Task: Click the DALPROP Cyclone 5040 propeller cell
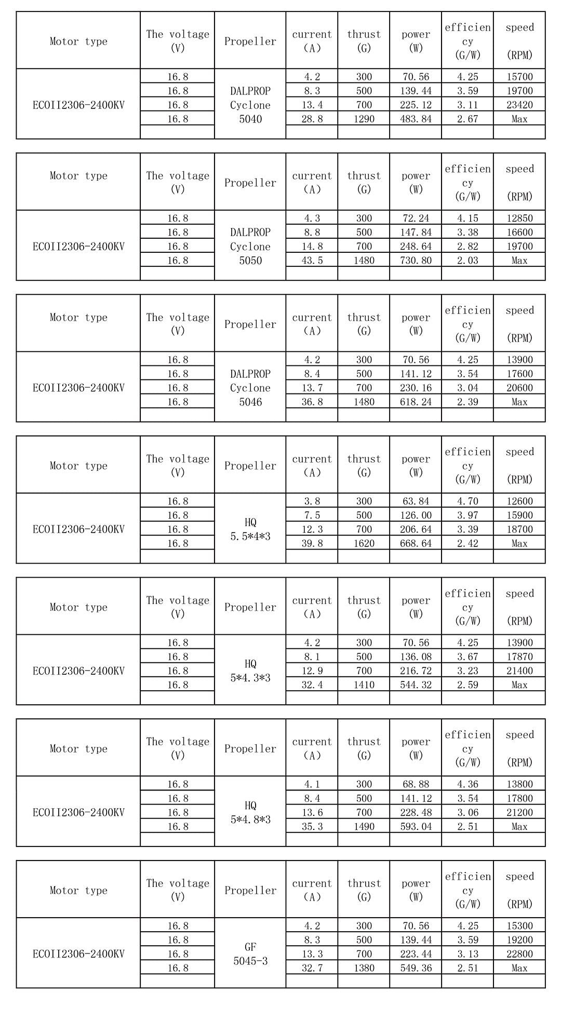250,105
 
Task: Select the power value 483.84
416,119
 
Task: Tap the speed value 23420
519,105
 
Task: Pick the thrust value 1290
364,119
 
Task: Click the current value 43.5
312,261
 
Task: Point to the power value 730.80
416,261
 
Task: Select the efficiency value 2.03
468,261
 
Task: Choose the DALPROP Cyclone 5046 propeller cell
250,388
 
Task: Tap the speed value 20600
519,388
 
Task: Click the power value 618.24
416,402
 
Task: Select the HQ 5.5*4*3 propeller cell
250,529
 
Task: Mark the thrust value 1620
364,543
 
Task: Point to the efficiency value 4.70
468,501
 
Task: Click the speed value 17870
519,657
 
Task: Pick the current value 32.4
312,685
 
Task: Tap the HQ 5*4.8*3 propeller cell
250,812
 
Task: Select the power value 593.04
416,826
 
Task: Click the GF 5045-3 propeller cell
250,954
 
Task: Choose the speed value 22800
519,954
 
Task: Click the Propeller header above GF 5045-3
250,890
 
